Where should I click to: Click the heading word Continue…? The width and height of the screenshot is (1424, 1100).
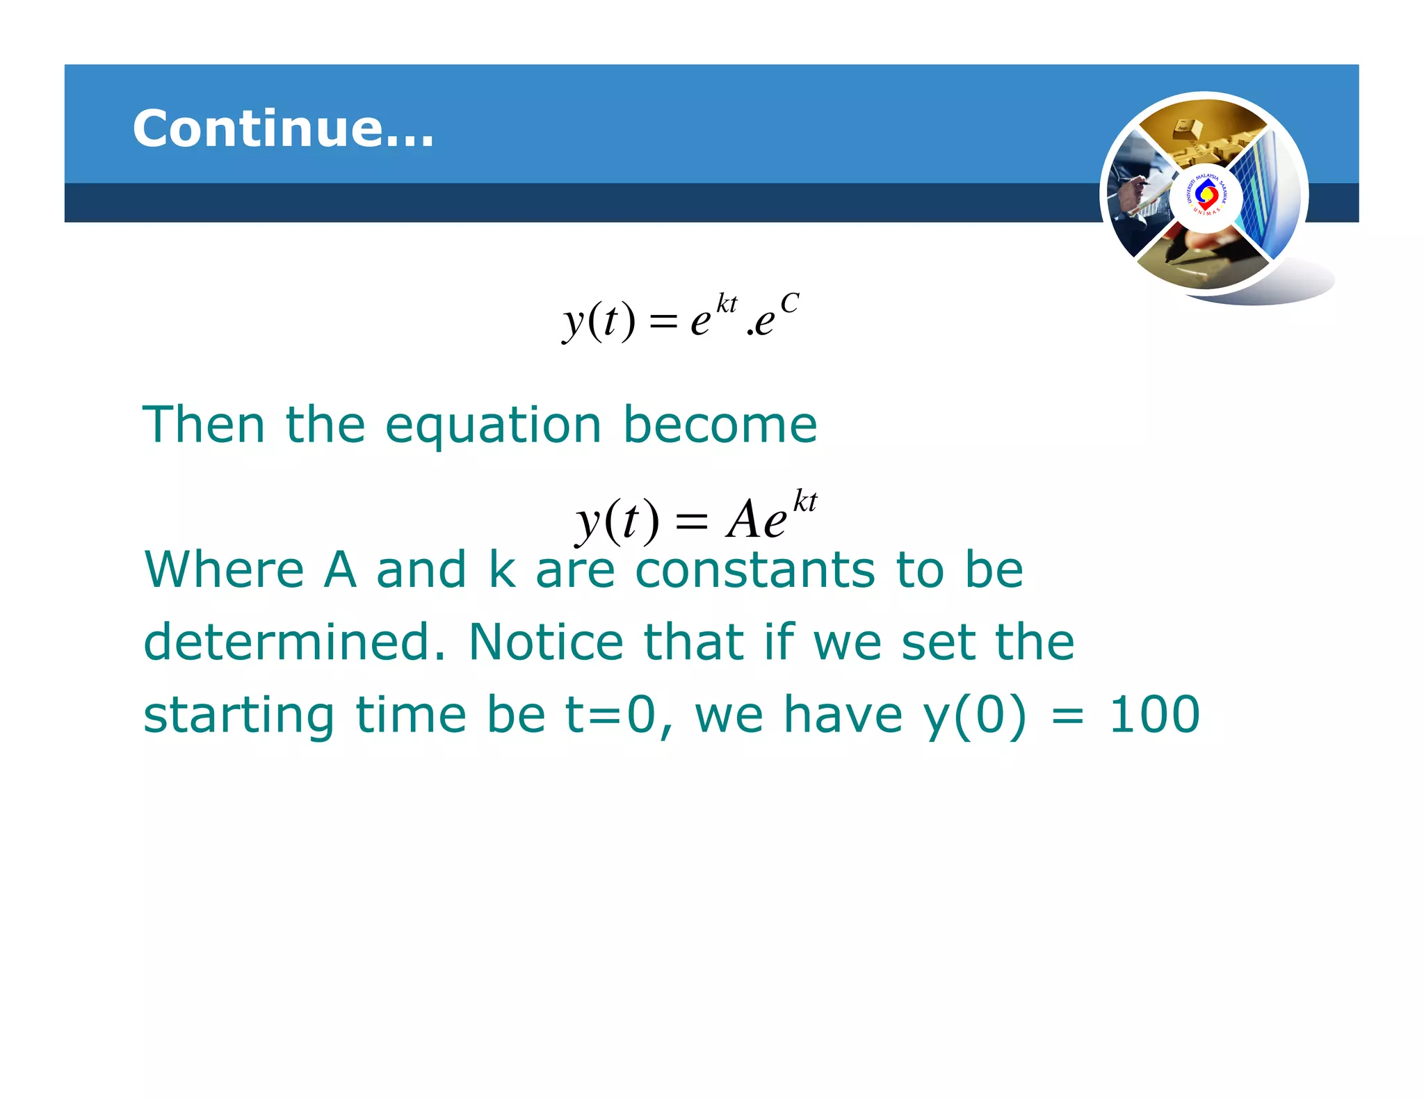283,129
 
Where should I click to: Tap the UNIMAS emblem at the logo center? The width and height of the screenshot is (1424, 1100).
1206,195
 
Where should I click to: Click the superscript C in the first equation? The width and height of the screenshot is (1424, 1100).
789,304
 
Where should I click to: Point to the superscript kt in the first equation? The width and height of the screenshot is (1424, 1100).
727,304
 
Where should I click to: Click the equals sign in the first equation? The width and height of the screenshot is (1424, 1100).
663,321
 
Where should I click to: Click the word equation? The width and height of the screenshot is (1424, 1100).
493,426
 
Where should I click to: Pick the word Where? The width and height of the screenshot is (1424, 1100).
225,569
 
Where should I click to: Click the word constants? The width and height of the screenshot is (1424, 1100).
755,569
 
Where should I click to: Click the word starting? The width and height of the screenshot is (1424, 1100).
239,715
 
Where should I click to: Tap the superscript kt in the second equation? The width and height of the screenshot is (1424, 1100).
805,501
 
